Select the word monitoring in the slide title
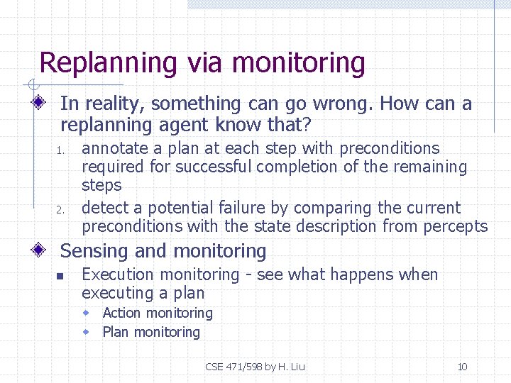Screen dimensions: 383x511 (x=297, y=63)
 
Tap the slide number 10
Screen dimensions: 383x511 (x=462, y=367)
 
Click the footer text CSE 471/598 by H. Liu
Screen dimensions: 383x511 (x=255, y=367)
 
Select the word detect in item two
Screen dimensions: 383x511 (x=104, y=209)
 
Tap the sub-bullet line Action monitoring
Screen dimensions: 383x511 (x=157, y=313)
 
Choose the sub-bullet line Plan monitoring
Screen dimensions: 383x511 (x=151, y=332)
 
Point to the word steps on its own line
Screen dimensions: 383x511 (x=101, y=186)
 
